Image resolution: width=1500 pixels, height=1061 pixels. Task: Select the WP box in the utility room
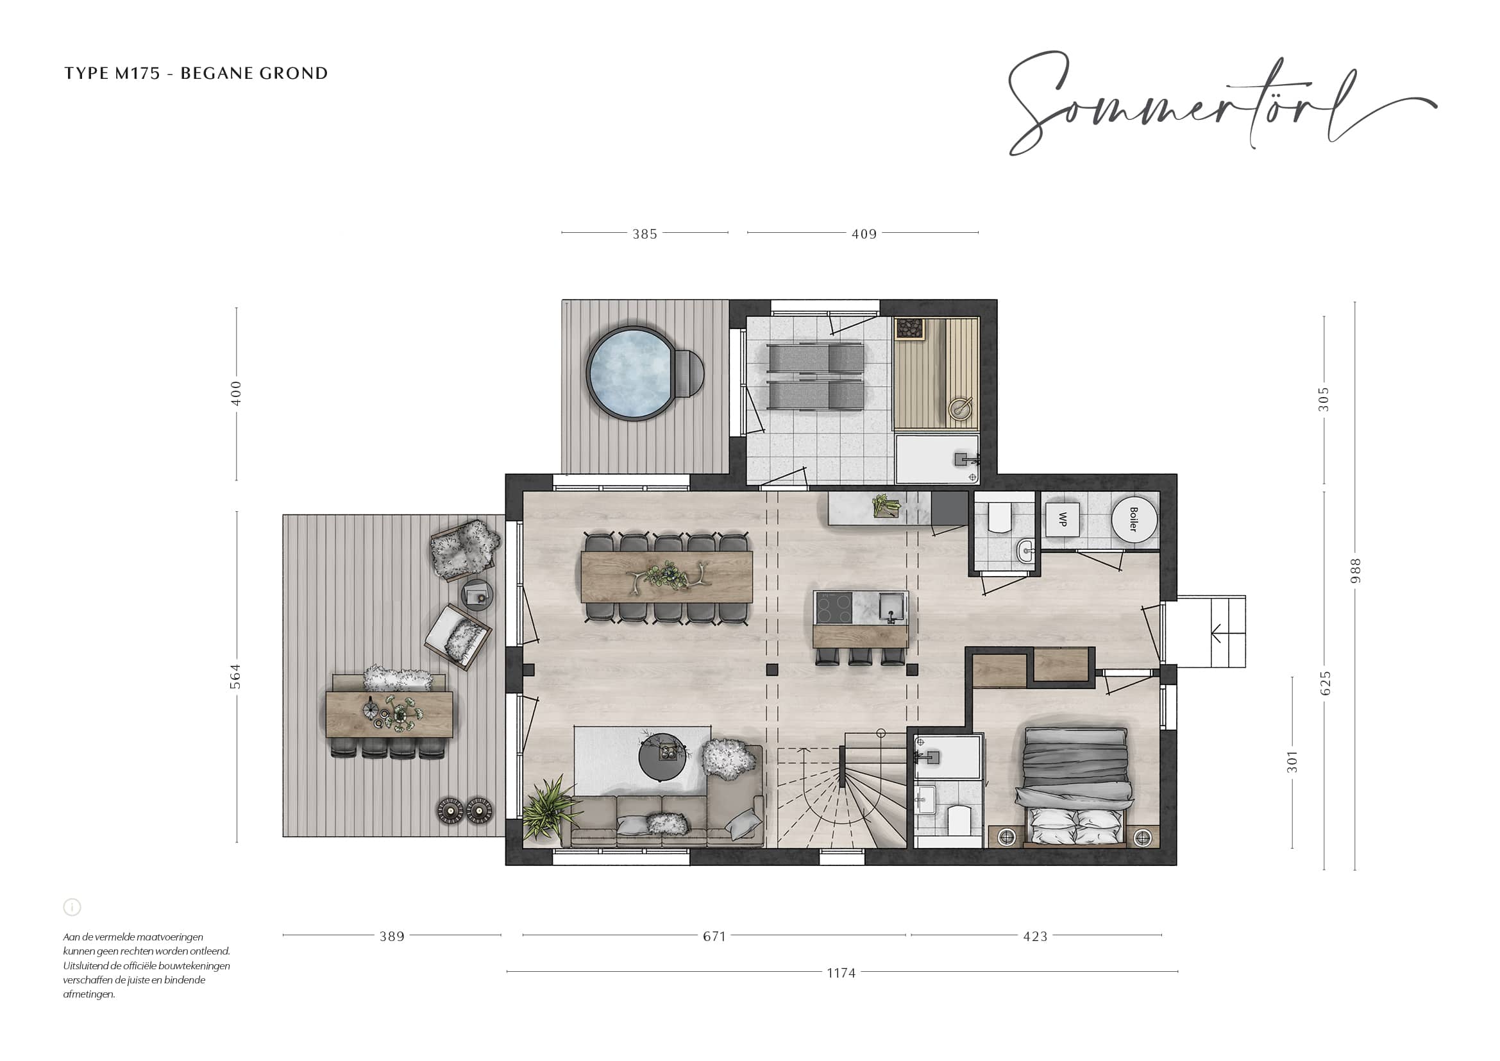pos(1062,520)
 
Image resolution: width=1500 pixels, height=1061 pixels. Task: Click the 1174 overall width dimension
pos(841,973)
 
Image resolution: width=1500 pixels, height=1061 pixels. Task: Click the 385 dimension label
pos(645,234)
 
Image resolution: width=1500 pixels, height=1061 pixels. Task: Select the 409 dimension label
pos(864,234)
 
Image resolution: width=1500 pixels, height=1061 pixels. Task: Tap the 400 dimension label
pos(236,393)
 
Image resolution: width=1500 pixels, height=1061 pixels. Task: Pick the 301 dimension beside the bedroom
pos(1292,762)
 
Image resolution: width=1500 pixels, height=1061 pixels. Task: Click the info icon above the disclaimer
pos(72,907)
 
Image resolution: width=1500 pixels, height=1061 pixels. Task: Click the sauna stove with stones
pos(909,328)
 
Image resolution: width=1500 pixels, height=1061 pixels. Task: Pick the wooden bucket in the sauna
pos(959,409)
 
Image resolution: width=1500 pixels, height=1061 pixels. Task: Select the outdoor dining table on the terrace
pos(389,714)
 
